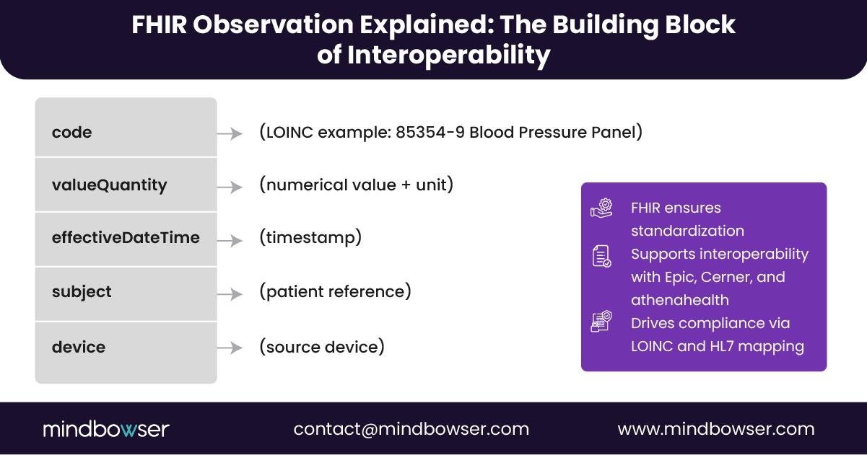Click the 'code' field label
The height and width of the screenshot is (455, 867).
(x=72, y=133)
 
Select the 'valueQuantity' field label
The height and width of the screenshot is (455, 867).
(x=109, y=185)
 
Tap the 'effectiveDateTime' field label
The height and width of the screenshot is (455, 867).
(x=126, y=238)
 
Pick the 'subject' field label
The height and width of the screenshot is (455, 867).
(x=82, y=292)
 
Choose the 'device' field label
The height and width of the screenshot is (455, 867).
(x=79, y=348)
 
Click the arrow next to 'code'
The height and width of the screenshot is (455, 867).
(x=230, y=133)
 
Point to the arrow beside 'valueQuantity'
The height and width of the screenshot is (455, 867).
(x=230, y=187)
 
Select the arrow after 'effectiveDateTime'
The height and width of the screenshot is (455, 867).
(x=230, y=240)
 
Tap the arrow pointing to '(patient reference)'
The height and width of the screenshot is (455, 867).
(x=230, y=294)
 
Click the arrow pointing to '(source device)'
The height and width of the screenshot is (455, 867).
(x=230, y=348)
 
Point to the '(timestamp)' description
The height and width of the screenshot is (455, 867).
(x=310, y=237)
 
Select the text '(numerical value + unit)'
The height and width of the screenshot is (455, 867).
(x=356, y=185)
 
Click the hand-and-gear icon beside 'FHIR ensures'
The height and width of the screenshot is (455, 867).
(x=601, y=208)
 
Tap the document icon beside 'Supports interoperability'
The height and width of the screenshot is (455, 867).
(x=601, y=256)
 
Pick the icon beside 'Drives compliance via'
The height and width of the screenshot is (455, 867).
(x=601, y=322)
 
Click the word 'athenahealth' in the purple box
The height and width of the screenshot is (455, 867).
(x=680, y=300)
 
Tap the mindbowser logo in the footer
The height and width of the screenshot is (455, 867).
(x=106, y=429)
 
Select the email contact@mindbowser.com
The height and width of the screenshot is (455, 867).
(x=411, y=429)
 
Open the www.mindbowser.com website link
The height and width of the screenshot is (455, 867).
(x=716, y=429)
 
